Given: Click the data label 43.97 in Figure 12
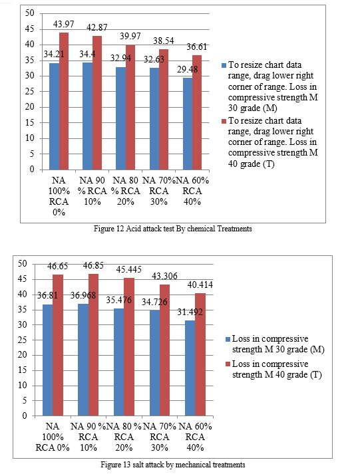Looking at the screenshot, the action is tap(63, 24).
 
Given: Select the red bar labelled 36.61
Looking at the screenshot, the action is tap(197, 112).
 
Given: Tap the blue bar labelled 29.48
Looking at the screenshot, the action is tap(188, 124).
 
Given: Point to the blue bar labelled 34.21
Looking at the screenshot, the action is tap(54, 116).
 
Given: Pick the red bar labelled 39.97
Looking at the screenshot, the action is tap(130, 107).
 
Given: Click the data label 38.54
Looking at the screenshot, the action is tap(163, 41).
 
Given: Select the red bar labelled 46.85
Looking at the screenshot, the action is tap(93, 344).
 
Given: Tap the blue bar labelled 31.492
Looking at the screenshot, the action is tap(190, 368).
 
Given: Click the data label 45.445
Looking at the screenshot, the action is tap(129, 269).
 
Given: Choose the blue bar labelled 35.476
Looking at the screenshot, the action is tap(119, 362).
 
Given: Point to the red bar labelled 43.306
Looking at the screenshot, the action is tap(164, 350).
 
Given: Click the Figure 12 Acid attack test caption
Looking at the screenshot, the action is tap(173, 229).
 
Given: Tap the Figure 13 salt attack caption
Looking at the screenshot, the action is tap(173, 464).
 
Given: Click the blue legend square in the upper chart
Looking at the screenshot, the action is tap(224, 65).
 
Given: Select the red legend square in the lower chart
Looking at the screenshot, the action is tap(228, 364).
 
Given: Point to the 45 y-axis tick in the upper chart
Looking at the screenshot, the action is tap(30, 29).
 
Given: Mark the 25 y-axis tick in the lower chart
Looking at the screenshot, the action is tap(22, 340).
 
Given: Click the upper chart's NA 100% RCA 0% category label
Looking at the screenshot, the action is tap(59, 196).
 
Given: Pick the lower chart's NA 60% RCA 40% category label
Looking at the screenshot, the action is tap(195, 437).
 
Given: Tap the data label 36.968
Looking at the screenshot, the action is tap(83, 295).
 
